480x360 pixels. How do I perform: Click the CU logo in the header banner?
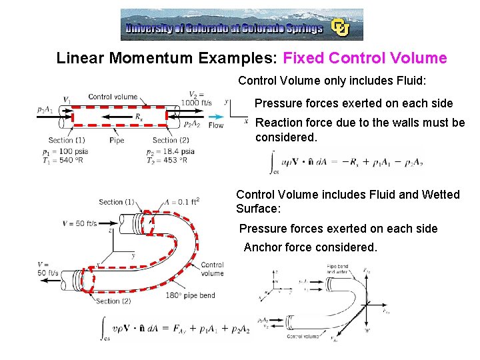click(x=341, y=27)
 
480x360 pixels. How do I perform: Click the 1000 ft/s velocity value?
click(x=196, y=103)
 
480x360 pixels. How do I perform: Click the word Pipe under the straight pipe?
click(x=117, y=141)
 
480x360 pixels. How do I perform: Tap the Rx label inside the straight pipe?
click(x=139, y=116)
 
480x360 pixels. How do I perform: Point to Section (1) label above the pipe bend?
click(x=117, y=202)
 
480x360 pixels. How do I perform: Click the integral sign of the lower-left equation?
click(x=103, y=327)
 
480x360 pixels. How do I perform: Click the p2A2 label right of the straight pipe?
click(x=192, y=125)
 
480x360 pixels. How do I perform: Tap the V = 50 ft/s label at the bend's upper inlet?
click(x=80, y=223)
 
